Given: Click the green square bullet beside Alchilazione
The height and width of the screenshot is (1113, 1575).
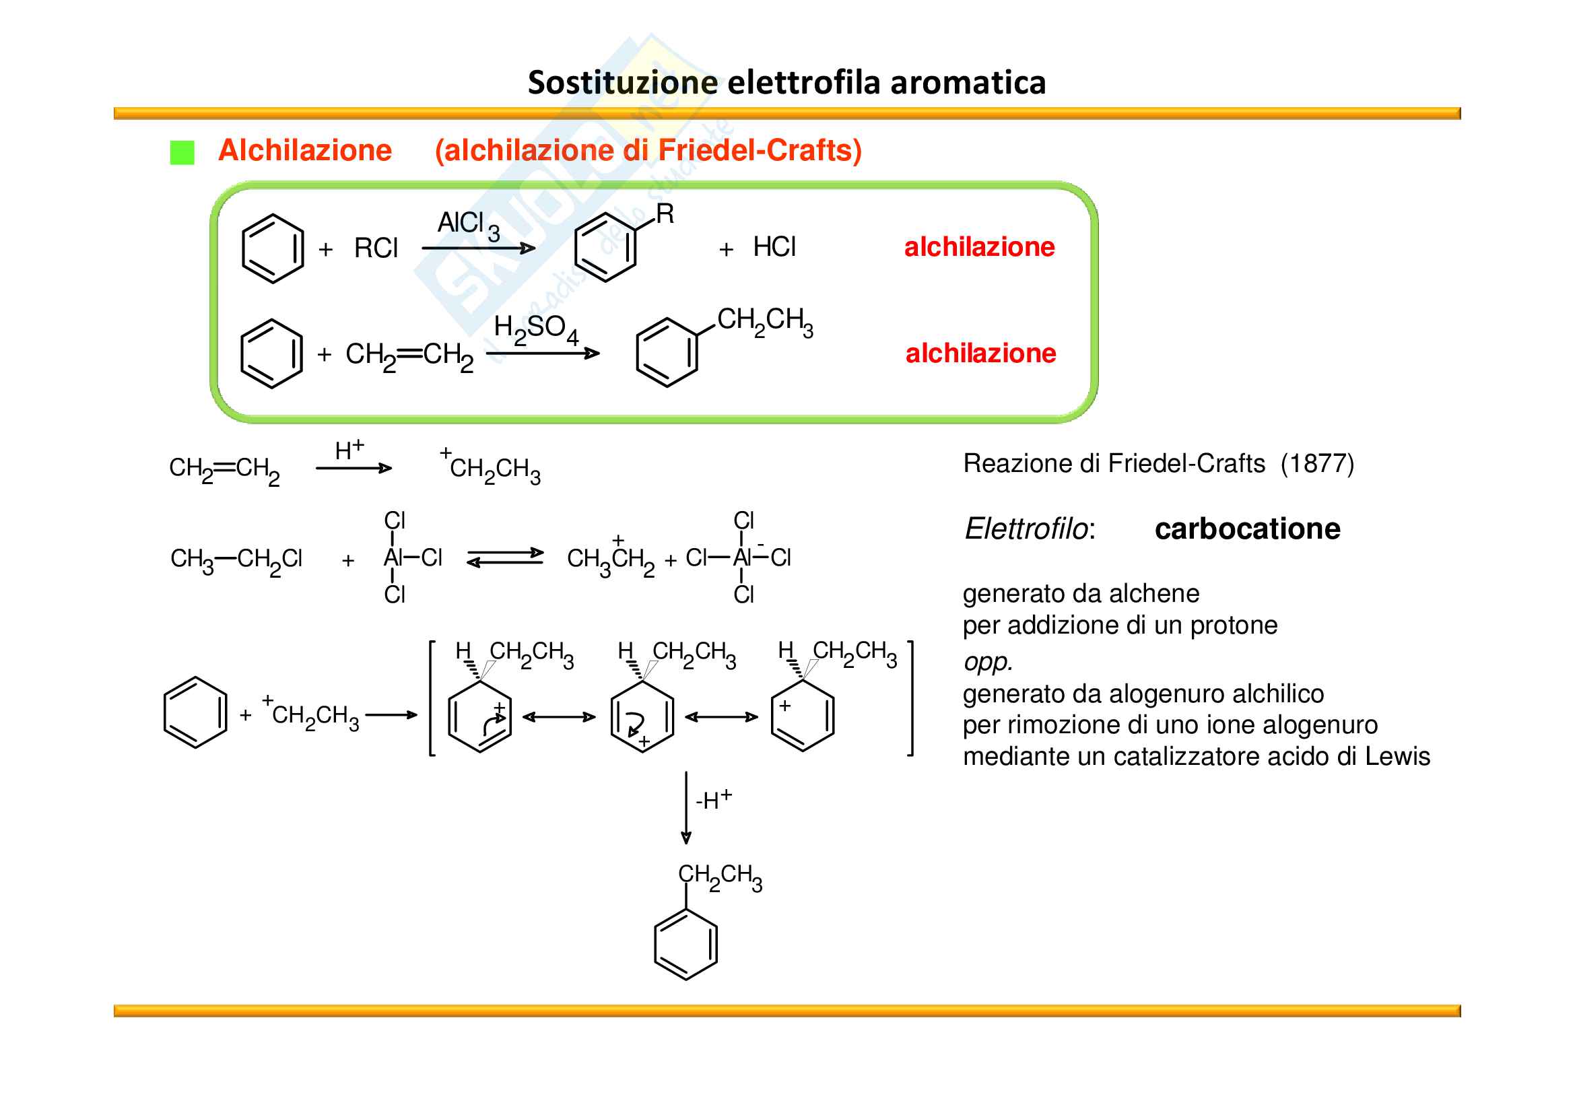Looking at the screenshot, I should (182, 152).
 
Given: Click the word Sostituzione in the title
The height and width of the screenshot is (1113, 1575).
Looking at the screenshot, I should (622, 83).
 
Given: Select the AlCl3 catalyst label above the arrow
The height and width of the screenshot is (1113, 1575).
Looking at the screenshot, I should (469, 224).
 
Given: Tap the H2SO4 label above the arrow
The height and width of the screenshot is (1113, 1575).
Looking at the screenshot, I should (536, 329).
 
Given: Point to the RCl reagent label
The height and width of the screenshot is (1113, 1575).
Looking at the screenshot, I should (376, 248).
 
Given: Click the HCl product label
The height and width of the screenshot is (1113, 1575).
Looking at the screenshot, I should (774, 247).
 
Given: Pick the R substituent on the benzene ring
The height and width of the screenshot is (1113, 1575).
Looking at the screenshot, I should (665, 214).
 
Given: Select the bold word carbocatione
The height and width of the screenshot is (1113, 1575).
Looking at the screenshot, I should (1247, 529).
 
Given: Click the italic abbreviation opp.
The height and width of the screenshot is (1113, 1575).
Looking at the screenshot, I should (988, 662).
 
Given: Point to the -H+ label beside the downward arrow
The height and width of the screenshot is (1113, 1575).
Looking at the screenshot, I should (713, 799).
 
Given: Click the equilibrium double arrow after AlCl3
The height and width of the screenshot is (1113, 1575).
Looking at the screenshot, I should (506, 558).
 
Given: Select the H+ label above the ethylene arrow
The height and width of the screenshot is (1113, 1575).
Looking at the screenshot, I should (349, 450).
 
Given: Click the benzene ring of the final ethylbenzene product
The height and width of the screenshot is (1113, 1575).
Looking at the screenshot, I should (686, 944).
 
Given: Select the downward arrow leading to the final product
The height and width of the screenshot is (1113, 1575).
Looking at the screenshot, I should (686, 808).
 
